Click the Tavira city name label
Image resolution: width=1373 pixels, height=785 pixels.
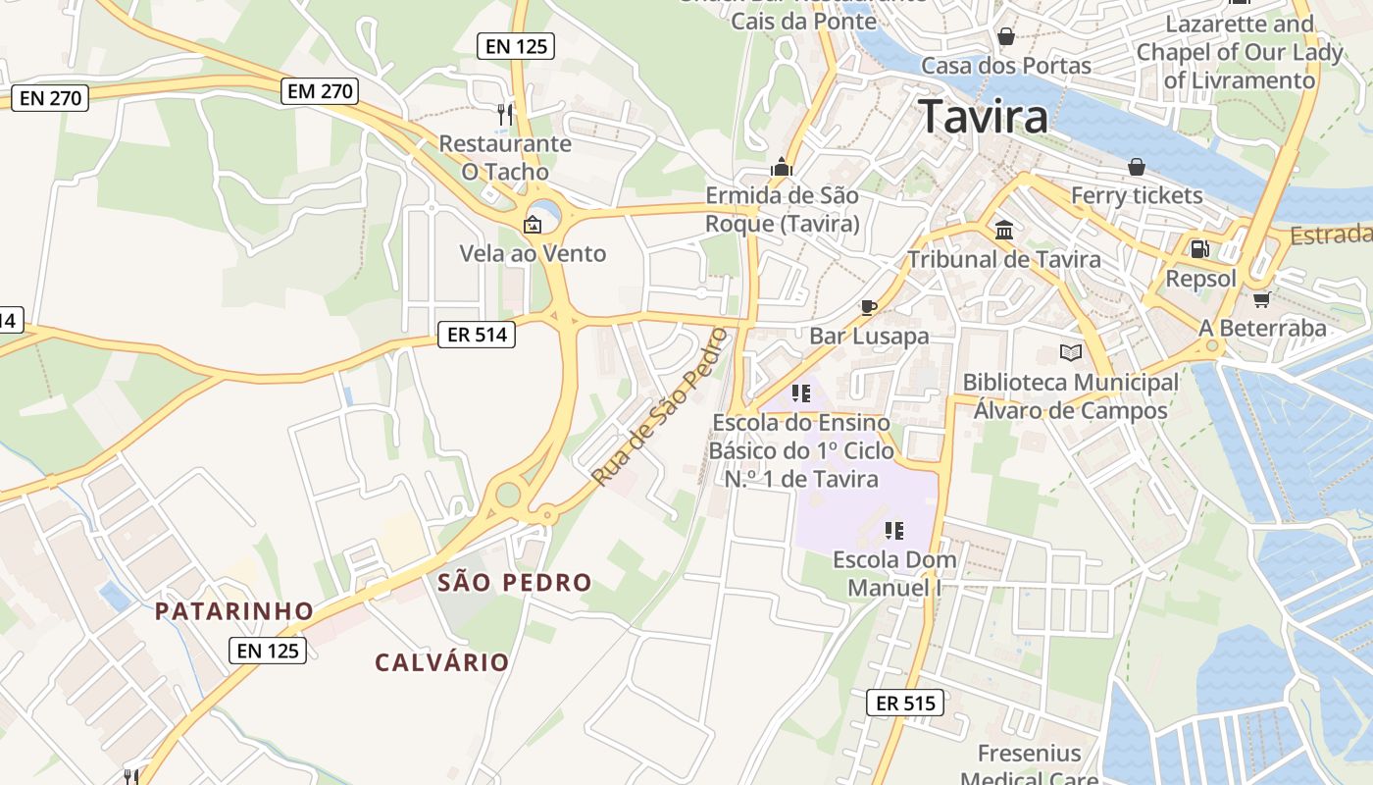(x=983, y=117)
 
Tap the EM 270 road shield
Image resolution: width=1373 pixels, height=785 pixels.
(x=320, y=92)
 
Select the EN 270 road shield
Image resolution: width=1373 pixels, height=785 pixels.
(x=49, y=97)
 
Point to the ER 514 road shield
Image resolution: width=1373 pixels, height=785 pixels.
(x=477, y=335)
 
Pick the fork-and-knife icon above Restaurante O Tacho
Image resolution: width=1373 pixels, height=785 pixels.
(x=505, y=115)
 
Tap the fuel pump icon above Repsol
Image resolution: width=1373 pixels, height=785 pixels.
(x=1199, y=249)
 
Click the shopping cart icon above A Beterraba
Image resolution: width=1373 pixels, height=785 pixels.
(x=1261, y=299)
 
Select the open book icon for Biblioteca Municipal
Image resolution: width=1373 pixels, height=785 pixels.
(x=1070, y=353)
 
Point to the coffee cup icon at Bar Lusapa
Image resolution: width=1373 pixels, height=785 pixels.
(x=868, y=307)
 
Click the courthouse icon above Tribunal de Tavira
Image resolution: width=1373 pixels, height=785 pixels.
(x=1004, y=231)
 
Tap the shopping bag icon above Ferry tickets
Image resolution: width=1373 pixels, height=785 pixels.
(x=1136, y=167)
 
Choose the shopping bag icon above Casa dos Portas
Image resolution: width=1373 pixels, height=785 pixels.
(x=1006, y=37)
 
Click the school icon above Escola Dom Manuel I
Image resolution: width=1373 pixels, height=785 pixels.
(x=893, y=531)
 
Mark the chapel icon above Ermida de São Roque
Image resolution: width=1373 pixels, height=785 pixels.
(x=782, y=167)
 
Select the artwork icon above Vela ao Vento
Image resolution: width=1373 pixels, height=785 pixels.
(x=533, y=225)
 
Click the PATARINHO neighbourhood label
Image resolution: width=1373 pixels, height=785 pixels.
(x=234, y=611)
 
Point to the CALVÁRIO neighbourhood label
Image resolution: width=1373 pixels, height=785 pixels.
(x=442, y=662)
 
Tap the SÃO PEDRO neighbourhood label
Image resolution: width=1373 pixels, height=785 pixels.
(x=515, y=583)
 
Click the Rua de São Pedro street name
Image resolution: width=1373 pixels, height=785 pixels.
(x=660, y=407)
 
